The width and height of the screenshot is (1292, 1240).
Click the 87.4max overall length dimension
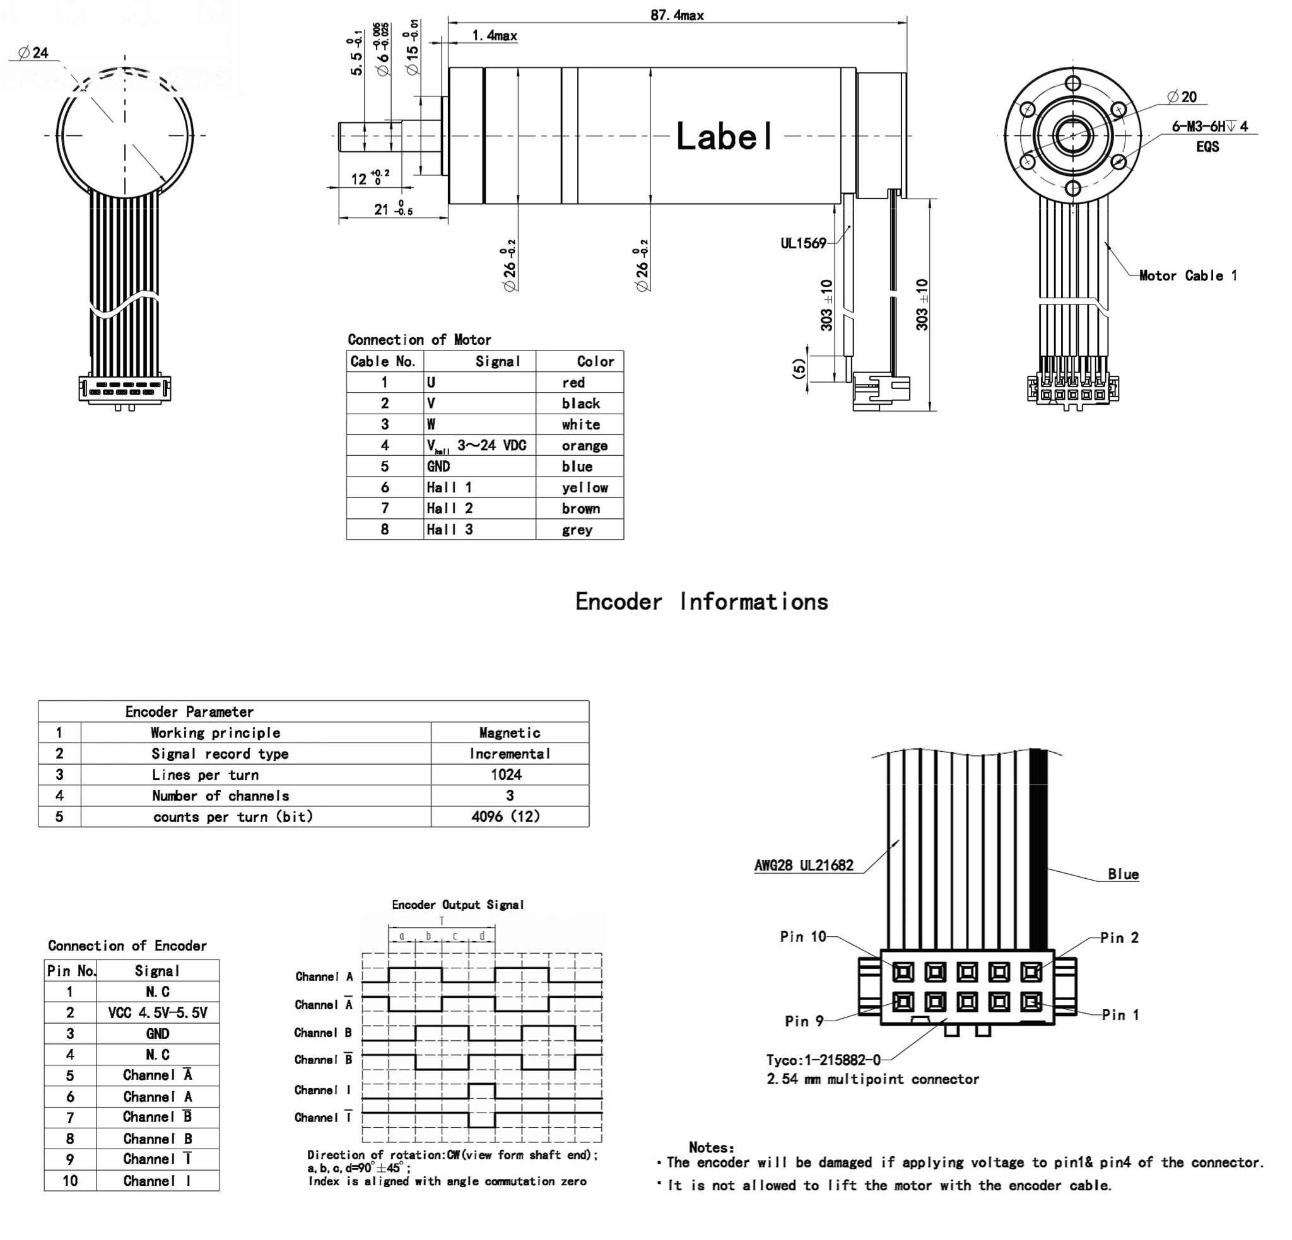(676, 14)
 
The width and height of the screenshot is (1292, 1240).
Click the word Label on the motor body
(724, 137)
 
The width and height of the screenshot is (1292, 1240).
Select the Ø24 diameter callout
(33, 53)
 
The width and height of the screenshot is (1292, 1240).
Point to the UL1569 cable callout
(803, 243)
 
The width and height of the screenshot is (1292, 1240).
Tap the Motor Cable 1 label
(1187, 275)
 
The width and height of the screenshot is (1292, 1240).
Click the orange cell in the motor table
(584, 446)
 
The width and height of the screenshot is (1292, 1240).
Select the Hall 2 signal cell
(450, 508)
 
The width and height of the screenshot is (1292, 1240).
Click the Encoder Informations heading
(702, 601)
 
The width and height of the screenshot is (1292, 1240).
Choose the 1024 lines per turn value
(506, 774)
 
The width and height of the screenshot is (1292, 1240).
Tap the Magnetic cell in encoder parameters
(510, 733)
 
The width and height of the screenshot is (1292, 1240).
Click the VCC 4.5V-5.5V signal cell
(158, 1012)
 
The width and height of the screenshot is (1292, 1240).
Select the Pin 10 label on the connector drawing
(802, 936)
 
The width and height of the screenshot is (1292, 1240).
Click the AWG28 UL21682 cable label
(804, 865)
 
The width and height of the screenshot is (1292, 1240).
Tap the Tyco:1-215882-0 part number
(823, 1060)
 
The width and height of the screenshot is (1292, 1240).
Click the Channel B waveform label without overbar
(323, 1033)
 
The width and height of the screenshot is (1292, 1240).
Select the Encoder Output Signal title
(457, 905)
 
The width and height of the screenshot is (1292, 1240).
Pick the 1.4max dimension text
(495, 35)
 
